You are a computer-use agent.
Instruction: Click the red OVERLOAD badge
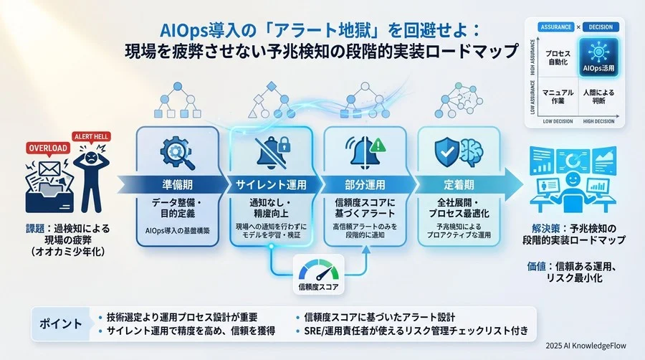point(47,148)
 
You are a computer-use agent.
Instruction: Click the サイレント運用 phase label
point(272,184)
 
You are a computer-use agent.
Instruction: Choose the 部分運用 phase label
point(365,184)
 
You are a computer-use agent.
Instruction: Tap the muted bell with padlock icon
point(272,151)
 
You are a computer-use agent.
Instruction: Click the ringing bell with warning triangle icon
point(365,151)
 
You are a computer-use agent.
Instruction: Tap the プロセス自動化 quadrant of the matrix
point(558,57)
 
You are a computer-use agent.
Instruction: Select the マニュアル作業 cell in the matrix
point(558,96)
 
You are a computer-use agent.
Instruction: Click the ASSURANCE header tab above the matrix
point(557,27)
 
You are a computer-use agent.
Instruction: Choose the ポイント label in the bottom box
point(58,323)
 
